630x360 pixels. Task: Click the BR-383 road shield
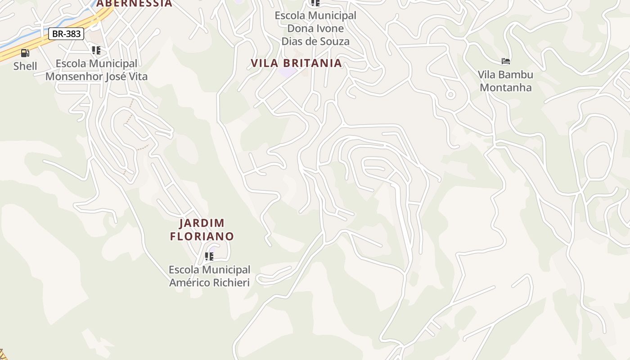pos(66,34)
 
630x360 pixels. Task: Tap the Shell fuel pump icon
pos(25,53)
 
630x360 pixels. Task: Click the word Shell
pos(25,66)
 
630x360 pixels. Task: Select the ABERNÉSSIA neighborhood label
pos(134,3)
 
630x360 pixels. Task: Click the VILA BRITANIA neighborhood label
pos(297,63)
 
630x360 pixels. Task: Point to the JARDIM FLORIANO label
pos(202,229)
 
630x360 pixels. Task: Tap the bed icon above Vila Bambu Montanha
pos(506,61)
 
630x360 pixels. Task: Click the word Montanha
pos(506,87)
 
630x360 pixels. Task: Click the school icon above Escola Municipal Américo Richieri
pos(209,256)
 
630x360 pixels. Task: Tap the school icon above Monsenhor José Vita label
pos(96,50)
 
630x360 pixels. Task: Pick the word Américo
pos(186,283)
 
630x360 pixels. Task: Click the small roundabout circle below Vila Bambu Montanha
pos(450,94)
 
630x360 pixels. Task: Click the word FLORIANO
pos(202,236)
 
